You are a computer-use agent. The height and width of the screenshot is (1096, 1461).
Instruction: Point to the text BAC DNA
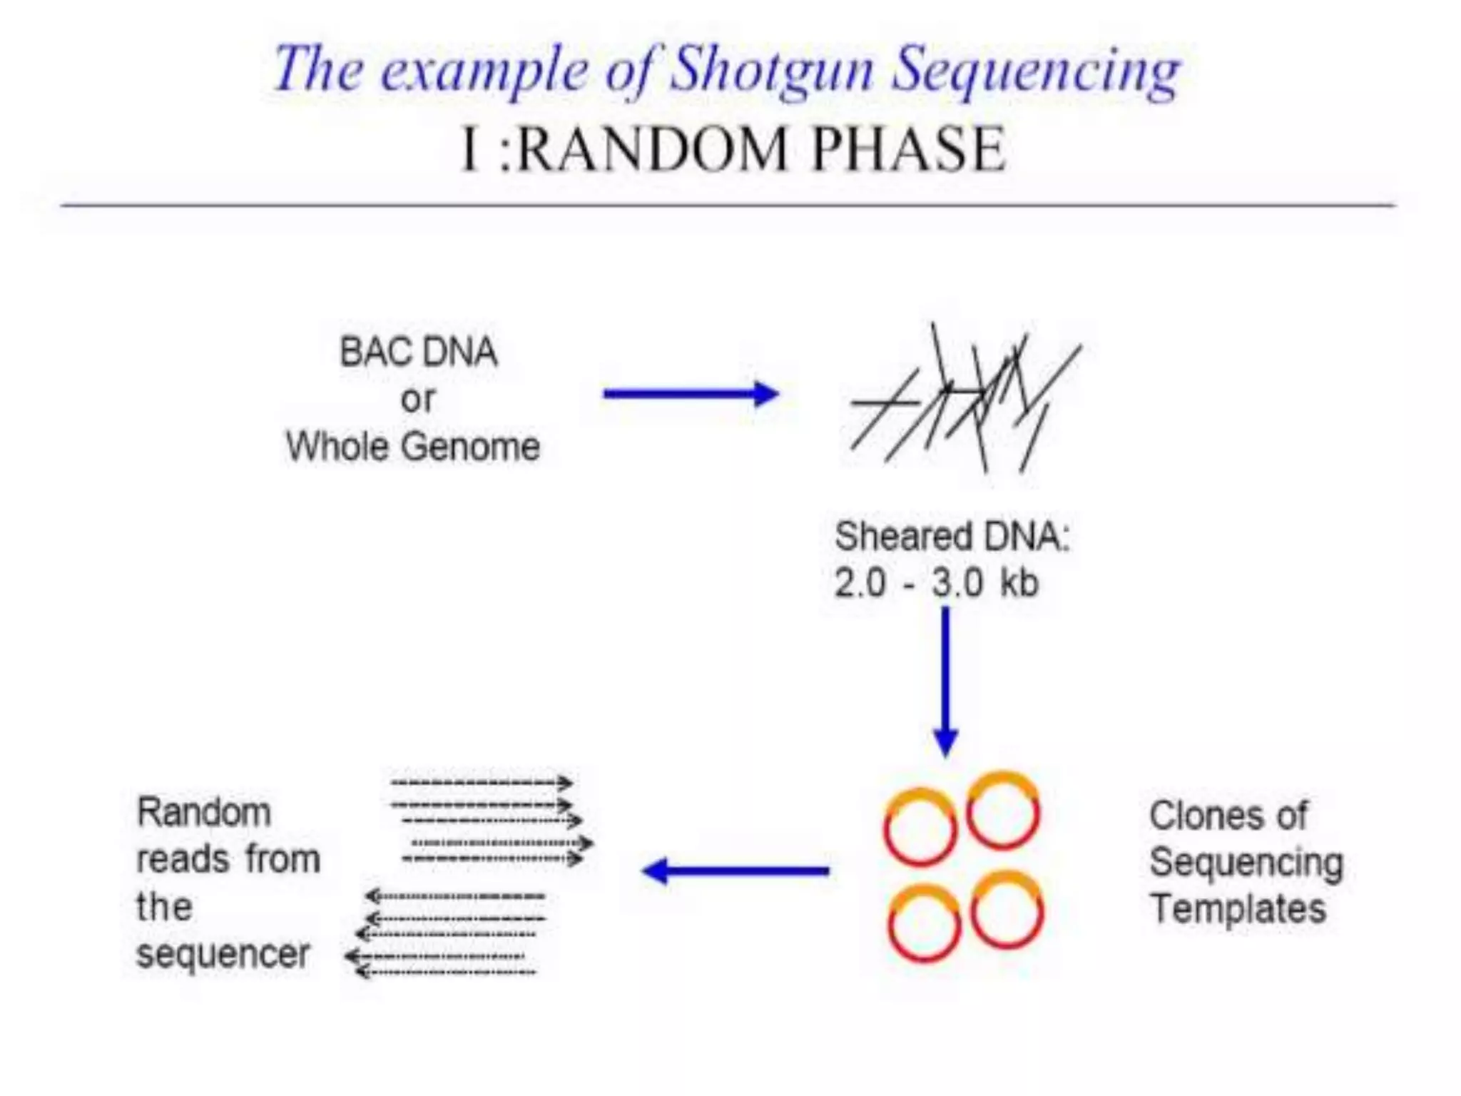[418, 352]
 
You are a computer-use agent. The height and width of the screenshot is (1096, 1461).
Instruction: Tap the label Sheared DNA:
[952, 536]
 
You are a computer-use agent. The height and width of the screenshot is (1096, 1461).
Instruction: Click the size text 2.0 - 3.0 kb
[936, 583]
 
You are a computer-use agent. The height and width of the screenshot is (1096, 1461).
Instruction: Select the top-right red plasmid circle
[1003, 812]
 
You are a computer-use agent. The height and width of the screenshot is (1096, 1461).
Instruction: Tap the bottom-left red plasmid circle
[924, 925]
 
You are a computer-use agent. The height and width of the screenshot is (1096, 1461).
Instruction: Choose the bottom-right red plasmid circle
[1007, 912]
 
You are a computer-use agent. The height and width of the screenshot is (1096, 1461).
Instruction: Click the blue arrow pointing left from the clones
[735, 871]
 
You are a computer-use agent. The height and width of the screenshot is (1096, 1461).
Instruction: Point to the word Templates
[1238, 909]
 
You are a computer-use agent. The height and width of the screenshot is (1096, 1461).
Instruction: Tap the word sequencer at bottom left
[223, 954]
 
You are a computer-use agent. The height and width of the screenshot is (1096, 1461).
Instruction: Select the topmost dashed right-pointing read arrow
[482, 783]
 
